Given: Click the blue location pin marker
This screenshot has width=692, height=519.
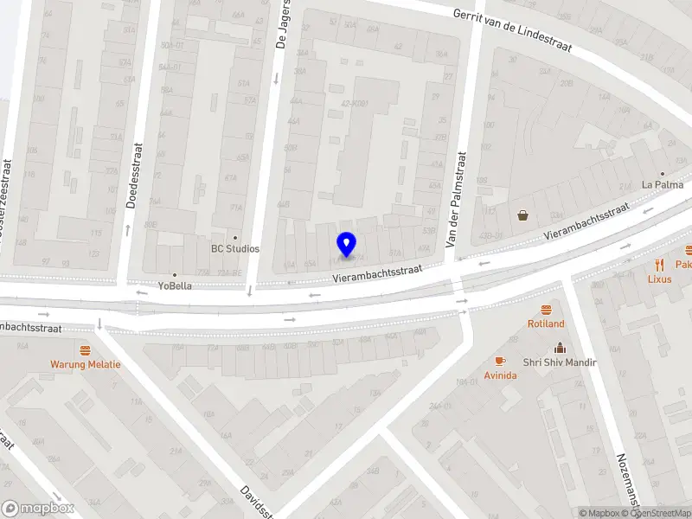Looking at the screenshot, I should pyautogui.click(x=347, y=245).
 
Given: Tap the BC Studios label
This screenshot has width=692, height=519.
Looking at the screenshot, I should pyautogui.click(x=235, y=249).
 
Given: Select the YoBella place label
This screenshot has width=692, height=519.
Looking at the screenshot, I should pyautogui.click(x=175, y=285).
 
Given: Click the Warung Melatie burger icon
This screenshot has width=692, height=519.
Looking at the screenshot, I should pyautogui.click(x=85, y=350).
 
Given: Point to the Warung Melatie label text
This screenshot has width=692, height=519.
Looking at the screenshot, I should pyautogui.click(x=85, y=364).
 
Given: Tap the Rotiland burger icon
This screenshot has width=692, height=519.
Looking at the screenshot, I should pyautogui.click(x=546, y=310).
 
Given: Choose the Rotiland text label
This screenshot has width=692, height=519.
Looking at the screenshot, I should pyautogui.click(x=546, y=324).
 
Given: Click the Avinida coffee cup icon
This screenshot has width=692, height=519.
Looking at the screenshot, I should pyautogui.click(x=500, y=362).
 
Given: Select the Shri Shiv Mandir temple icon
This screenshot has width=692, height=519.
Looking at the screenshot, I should pyautogui.click(x=559, y=348).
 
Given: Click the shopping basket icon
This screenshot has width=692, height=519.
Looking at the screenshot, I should pyautogui.click(x=523, y=215).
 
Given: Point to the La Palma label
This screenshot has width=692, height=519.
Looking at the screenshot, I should pyautogui.click(x=663, y=184).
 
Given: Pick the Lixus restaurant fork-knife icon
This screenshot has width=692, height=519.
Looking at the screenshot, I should pyautogui.click(x=659, y=265).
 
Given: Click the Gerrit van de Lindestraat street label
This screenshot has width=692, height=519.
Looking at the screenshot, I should pyautogui.click(x=513, y=29).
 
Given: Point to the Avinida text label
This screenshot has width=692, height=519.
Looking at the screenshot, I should pyautogui.click(x=500, y=375).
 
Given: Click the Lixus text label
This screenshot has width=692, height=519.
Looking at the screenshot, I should pyautogui.click(x=659, y=279).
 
